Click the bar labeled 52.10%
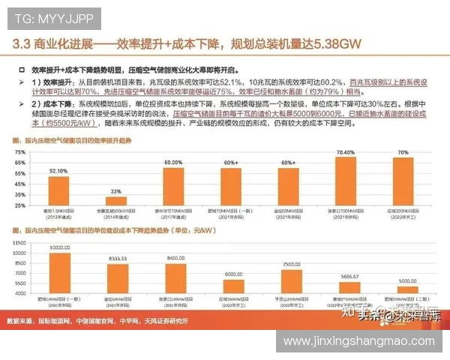(x=59, y=191)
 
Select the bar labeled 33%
(x=114, y=201)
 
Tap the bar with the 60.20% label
(x=173, y=187)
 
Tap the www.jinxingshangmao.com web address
(x=361, y=342)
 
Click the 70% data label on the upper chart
(x=403, y=152)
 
